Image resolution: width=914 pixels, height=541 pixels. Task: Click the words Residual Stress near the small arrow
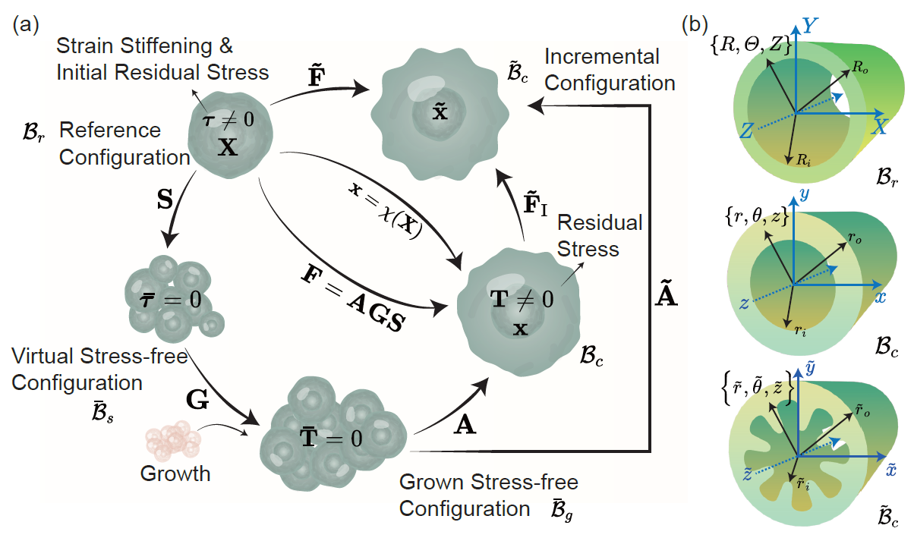coord(600,235)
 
